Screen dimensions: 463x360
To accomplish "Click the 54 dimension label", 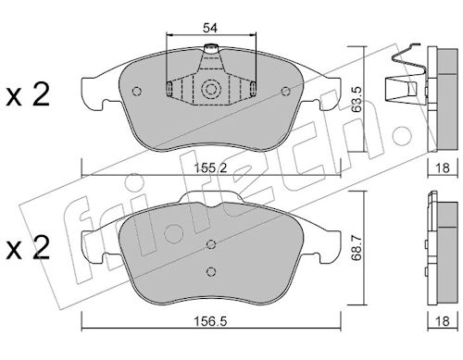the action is (x=210, y=28).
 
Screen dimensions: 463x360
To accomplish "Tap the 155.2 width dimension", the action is (x=210, y=168).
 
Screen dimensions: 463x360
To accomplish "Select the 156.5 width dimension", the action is (x=210, y=321).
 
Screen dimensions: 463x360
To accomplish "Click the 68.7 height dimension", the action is (x=357, y=248).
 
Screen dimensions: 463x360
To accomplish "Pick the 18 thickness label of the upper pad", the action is (x=442, y=168).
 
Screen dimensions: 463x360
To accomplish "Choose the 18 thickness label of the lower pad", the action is (x=442, y=321).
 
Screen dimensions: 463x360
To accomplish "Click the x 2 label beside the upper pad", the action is (x=28, y=95).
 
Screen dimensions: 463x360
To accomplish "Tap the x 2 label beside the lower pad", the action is (x=28, y=248).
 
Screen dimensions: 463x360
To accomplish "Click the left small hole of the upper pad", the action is (x=136, y=92).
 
